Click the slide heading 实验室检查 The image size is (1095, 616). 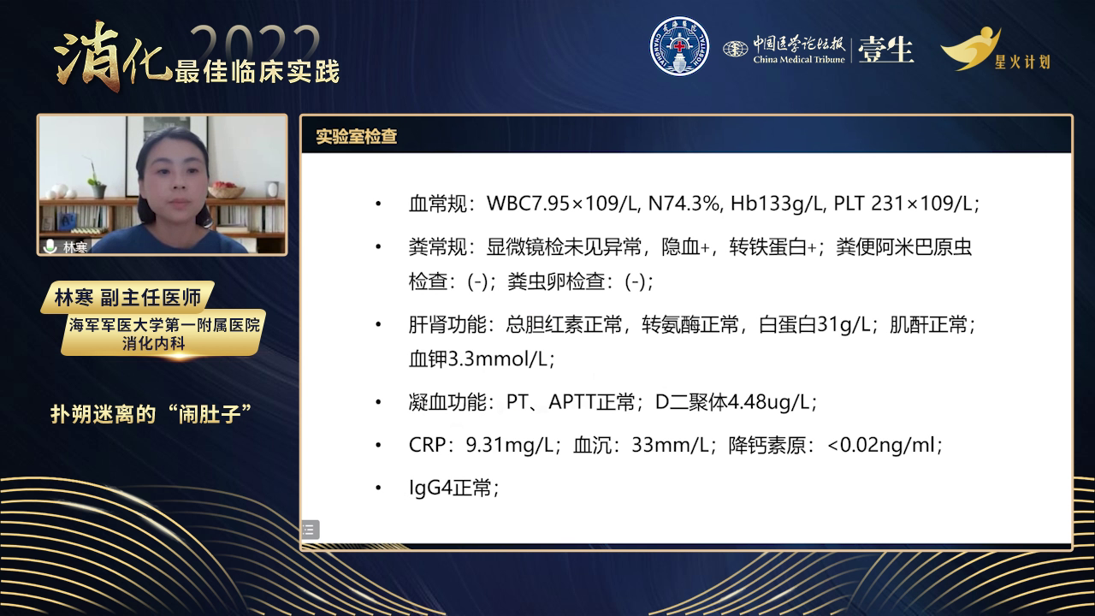[x=357, y=136]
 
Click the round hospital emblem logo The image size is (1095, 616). [x=679, y=47]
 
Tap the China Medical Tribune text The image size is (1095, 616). [x=799, y=60]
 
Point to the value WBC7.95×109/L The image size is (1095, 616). [x=563, y=204]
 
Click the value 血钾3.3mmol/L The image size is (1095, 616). [x=481, y=359]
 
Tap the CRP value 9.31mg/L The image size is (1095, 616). [x=509, y=446]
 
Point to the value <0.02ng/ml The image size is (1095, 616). [x=881, y=446]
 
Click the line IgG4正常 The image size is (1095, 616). [x=453, y=488]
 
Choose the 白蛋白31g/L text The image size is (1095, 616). [x=814, y=324]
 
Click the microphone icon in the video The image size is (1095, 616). [x=50, y=246]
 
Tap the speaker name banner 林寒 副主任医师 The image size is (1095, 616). [x=128, y=297]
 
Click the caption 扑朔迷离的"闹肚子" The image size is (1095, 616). [x=151, y=415]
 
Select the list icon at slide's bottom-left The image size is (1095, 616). [x=310, y=530]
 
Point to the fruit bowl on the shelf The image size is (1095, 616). [x=226, y=189]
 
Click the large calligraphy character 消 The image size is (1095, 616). [x=88, y=56]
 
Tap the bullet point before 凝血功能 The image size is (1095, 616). [x=378, y=402]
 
